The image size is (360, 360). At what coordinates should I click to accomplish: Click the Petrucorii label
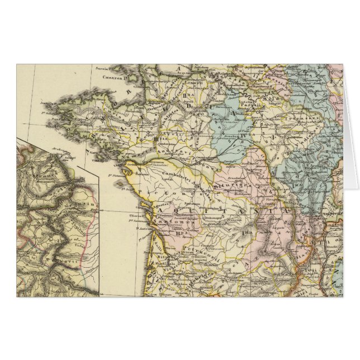coord(184,244)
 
